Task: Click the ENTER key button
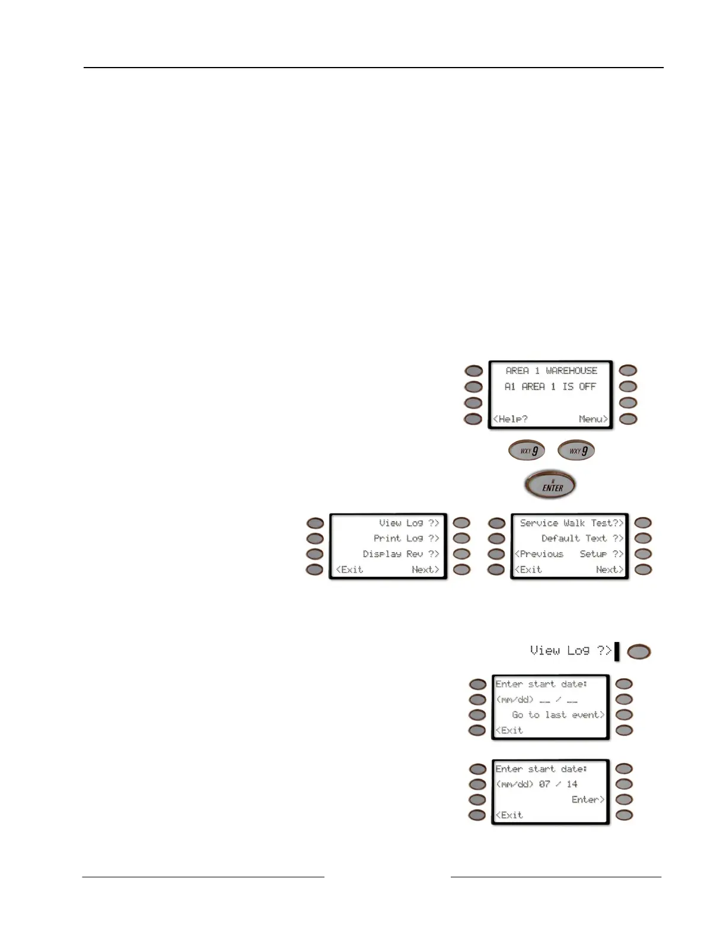click(550, 485)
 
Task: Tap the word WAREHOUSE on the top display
click(571, 371)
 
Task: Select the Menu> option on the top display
click(593, 419)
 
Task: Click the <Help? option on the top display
click(511, 419)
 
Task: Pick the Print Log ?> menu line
click(406, 538)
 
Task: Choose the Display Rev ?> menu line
click(401, 554)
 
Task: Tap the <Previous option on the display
click(539, 554)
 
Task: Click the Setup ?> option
click(601, 554)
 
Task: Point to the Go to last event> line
click(558, 715)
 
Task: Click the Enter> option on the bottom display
click(588, 800)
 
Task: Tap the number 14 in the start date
click(572, 784)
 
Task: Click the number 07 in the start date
click(544, 784)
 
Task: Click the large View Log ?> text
click(571, 651)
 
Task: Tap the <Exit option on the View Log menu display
click(349, 570)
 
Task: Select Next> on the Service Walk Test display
click(610, 570)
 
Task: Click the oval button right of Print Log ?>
click(461, 538)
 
